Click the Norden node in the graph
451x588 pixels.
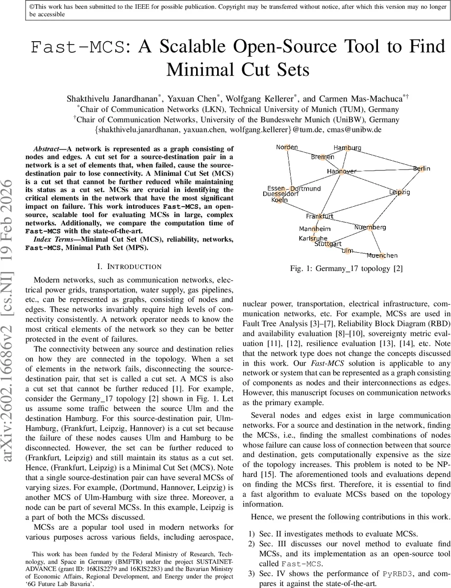(x=287, y=147)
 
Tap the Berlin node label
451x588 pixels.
(x=421, y=169)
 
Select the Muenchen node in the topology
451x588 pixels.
(x=382, y=255)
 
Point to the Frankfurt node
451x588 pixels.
(x=320, y=216)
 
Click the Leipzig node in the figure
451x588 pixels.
(x=400, y=192)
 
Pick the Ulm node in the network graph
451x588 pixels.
(x=347, y=250)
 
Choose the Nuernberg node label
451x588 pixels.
(x=370, y=227)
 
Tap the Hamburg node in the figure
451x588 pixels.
(x=347, y=147)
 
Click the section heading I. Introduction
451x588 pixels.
(x=129, y=267)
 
